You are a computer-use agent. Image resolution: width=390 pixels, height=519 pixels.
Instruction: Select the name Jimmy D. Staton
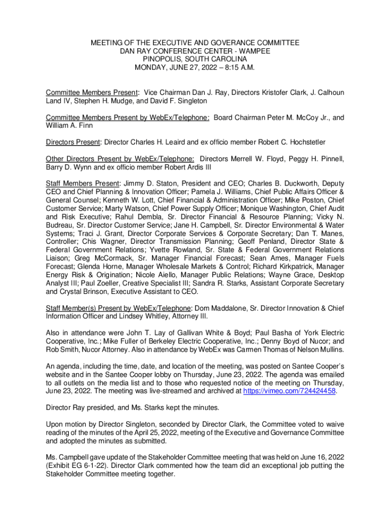coord(147,183)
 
